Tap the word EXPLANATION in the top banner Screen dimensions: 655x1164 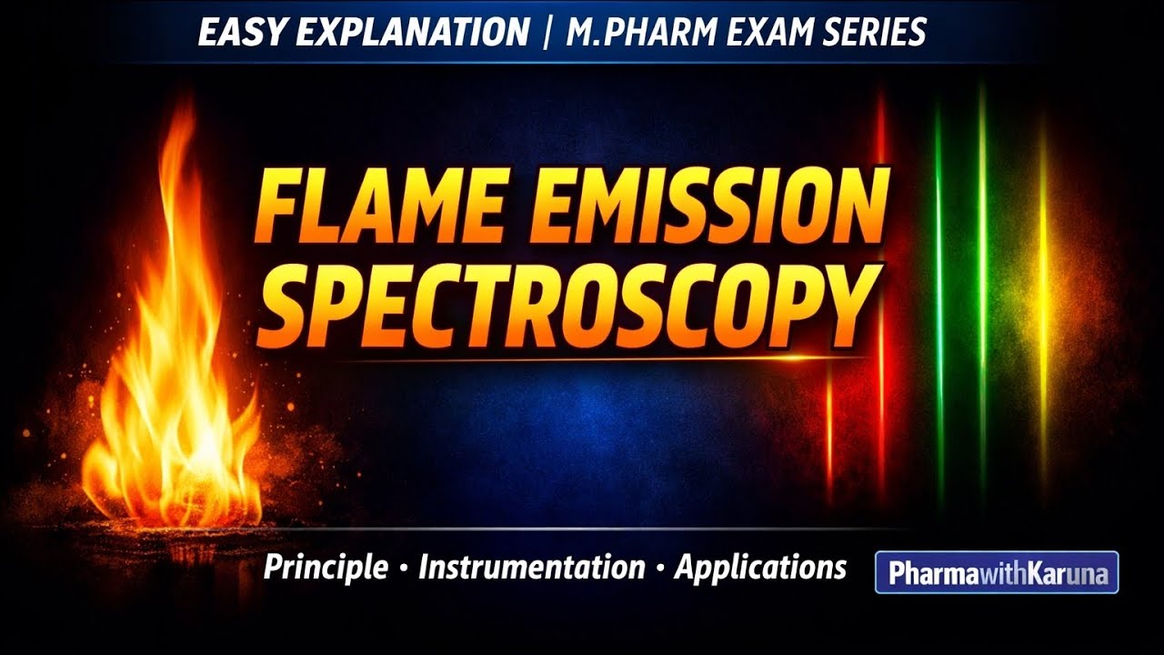pos(412,33)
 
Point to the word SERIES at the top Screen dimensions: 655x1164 pos(877,33)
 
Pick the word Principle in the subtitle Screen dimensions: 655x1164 pos(325,569)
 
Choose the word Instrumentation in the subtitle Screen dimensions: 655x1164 pos(531,569)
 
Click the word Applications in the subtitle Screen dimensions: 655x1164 pos(760,569)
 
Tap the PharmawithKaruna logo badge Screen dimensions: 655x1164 pos(997,573)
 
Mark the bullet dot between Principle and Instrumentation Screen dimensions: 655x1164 pos(402,570)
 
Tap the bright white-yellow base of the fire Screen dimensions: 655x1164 pos(196,455)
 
